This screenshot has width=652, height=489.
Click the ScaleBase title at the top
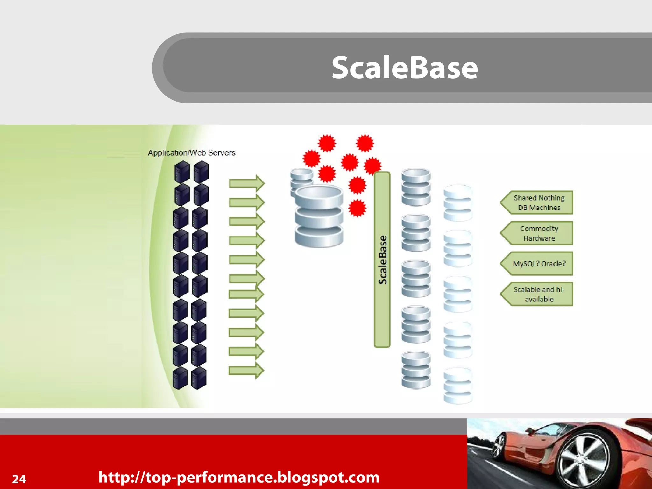coord(404,67)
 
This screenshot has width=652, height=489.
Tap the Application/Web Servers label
coord(191,153)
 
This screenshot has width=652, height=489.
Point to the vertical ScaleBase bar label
coord(382,259)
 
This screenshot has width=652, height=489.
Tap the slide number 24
coord(19,479)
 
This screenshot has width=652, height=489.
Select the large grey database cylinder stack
coord(319,216)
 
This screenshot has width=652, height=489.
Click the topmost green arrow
coord(247,183)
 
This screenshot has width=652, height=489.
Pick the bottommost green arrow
coord(246,370)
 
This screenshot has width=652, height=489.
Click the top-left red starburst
coord(327,143)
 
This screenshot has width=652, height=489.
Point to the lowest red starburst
coord(357,209)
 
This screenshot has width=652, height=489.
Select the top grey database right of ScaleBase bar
coord(416,187)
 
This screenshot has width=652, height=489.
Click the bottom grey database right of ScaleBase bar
coord(416,370)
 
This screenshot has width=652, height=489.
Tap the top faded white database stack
coord(457,203)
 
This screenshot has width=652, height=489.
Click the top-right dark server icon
coord(201,172)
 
